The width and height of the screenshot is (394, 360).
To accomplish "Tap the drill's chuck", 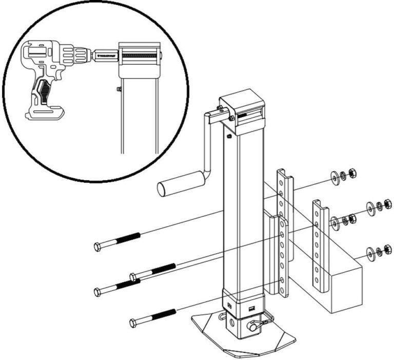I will (82, 53).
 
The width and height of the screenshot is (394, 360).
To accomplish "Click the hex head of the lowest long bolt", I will (133, 323).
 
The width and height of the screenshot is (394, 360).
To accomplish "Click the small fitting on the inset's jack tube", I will (117, 88).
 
